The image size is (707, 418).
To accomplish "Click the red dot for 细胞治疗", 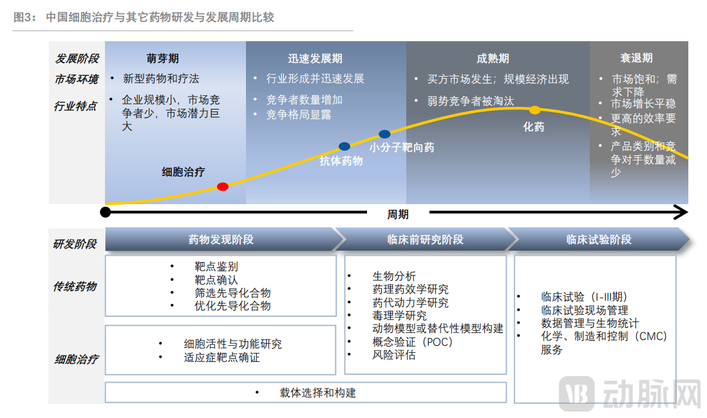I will click(x=223, y=187).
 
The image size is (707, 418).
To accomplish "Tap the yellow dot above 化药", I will click(x=534, y=110).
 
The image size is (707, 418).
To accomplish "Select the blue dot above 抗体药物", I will click(x=344, y=147).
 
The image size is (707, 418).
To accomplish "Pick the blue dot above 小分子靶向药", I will click(x=384, y=134).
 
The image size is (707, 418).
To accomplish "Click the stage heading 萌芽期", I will click(x=163, y=59).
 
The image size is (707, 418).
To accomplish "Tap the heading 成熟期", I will click(x=493, y=59).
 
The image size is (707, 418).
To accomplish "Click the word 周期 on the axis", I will click(x=397, y=214).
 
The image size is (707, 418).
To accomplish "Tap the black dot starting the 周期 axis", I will click(x=106, y=211).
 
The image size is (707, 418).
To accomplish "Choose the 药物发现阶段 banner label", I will click(x=221, y=240).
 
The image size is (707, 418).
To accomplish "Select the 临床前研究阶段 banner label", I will click(x=425, y=240).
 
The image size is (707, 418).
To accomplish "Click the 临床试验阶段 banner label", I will click(x=599, y=240).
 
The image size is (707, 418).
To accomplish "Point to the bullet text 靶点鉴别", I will click(x=216, y=266).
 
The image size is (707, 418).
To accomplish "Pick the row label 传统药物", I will click(x=75, y=286).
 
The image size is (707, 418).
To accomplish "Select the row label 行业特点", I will click(x=75, y=106).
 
